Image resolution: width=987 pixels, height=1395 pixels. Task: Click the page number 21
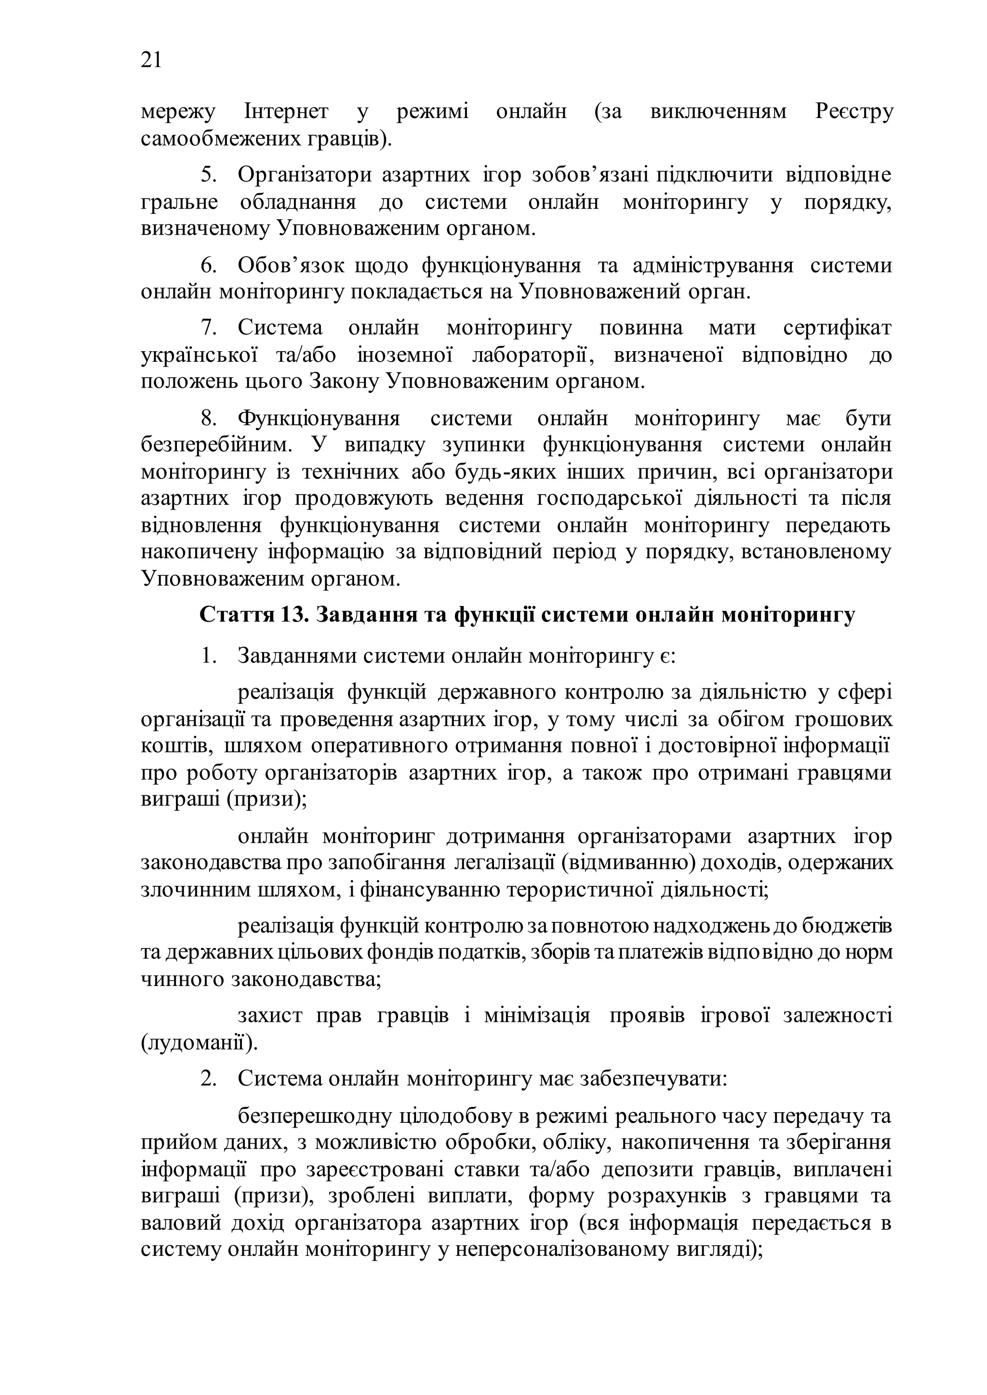point(151,60)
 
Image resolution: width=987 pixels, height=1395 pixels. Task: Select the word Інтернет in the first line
point(286,112)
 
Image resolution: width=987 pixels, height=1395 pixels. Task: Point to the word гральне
point(179,202)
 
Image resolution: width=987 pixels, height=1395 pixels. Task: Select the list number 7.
point(209,328)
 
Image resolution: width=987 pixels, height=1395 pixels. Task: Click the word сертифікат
point(837,328)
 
